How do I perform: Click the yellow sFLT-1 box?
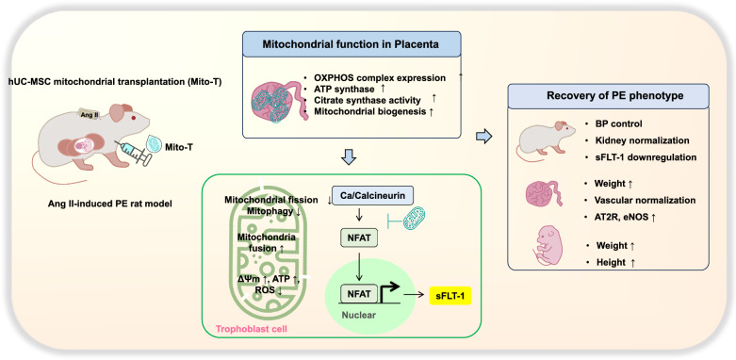[450, 296]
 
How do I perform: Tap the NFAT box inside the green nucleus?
[359, 295]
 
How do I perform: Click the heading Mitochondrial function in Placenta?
[351, 44]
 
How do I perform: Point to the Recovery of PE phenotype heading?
[608, 96]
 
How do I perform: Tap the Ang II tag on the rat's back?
[89, 115]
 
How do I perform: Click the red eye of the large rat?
[134, 119]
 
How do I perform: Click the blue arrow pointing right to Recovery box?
[484, 137]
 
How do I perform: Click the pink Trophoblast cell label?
[251, 329]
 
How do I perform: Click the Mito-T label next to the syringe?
[177, 147]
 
